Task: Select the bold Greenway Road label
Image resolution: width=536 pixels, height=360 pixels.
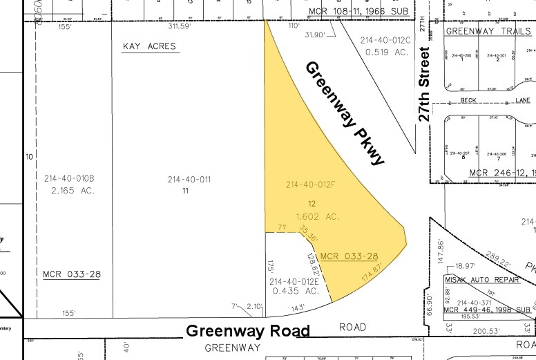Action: (247, 331)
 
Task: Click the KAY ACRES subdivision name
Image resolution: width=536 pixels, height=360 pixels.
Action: (149, 46)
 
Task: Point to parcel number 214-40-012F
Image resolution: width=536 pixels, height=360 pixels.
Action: (311, 184)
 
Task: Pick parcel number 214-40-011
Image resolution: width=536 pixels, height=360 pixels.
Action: (188, 180)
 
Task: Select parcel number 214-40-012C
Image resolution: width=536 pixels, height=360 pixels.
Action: (385, 40)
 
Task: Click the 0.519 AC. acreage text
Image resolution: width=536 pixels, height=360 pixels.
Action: (385, 51)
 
